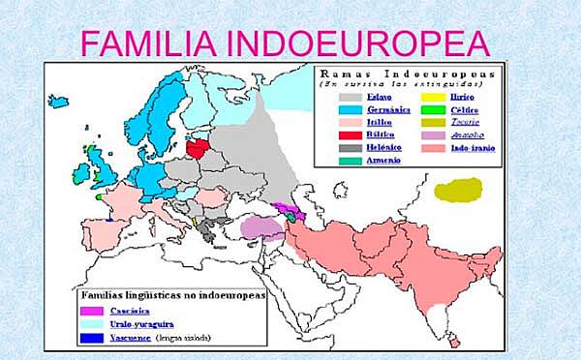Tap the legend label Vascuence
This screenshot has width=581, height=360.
click(x=136, y=338)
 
